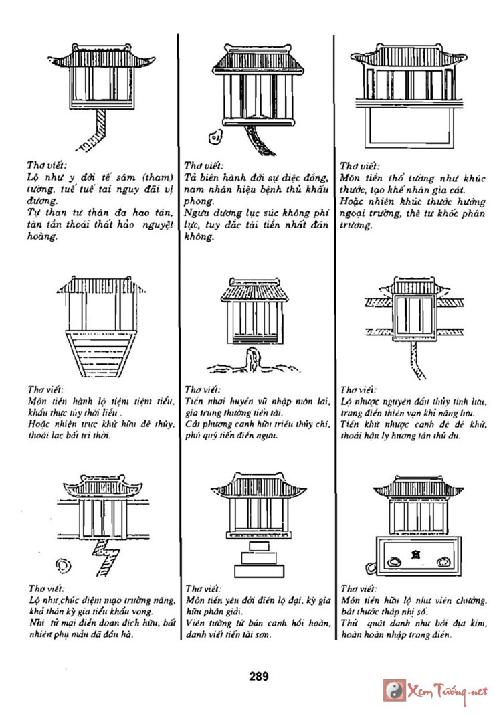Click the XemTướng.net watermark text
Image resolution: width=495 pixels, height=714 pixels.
tap(446, 691)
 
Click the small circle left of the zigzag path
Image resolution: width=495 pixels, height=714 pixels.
tap(62, 565)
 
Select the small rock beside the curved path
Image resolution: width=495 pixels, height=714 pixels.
tap(215, 137)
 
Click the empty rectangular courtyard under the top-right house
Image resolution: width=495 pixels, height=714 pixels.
tap(409, 128)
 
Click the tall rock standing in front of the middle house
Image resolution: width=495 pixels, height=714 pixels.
tap(253, 361)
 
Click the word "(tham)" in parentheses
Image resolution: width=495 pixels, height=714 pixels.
tap(157, 177)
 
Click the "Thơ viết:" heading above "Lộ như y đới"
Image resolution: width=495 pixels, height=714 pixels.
tap(47, 165)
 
